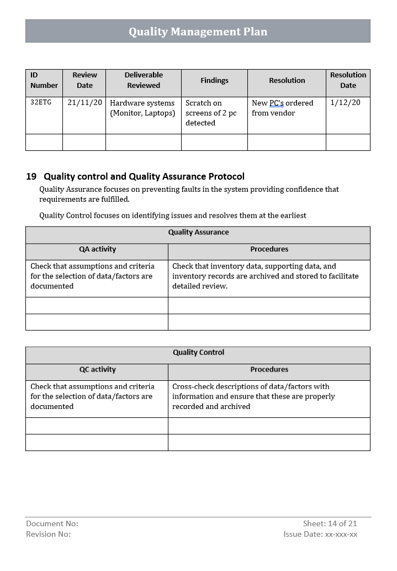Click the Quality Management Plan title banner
click(x=198, y=32)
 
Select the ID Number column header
click(x=44, y=80)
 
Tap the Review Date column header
click(x=84, y=80)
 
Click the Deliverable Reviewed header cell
click(x=144, y=80)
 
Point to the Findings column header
click(x=214, y=81)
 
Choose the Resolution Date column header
click(x=348, y=80)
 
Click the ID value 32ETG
click(x=41, y=103)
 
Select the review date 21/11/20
click(x=84, y=103)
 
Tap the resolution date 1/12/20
click(x=345, y=103)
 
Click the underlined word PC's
click(x=276, y=103)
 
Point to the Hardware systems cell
click(x=142, y=108)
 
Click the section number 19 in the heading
click(x=31, y=177)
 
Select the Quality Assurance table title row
click(x=198, y=233)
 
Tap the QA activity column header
click(x=97, y=249)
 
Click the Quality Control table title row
click(x=198, y=353)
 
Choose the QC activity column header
click(x=97, y=370)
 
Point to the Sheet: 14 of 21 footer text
click(x=330, y=523)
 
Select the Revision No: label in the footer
click(x=49, y=534)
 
